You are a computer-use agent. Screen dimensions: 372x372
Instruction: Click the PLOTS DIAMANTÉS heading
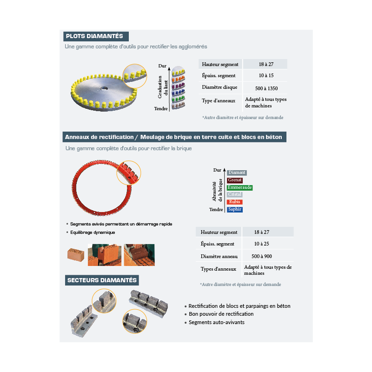pos(95,36)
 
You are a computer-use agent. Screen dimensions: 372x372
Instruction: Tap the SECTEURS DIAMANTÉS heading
pos(102,280)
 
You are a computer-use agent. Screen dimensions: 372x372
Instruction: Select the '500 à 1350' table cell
pos(266,87)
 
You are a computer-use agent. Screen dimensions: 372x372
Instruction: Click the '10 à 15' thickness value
pos(266,75)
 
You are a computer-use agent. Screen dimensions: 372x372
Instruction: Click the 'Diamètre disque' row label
pos(219,87)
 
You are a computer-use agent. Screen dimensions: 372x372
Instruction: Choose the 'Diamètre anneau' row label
pos(219,256)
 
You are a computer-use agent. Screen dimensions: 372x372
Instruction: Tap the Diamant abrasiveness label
pos(237,173)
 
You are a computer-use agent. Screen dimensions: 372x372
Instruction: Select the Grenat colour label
pos(235,180)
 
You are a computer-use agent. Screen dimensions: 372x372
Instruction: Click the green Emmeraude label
pos(240,187)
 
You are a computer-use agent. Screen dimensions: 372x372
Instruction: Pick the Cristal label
pos(234,194)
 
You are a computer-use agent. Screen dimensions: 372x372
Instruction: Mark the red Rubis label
pos(234,202)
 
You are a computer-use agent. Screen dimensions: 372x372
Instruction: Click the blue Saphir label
pos(235,210)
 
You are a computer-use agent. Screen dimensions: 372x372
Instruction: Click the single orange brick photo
pos(76,254)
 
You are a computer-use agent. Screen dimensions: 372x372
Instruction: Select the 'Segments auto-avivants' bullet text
pos(216,322)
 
